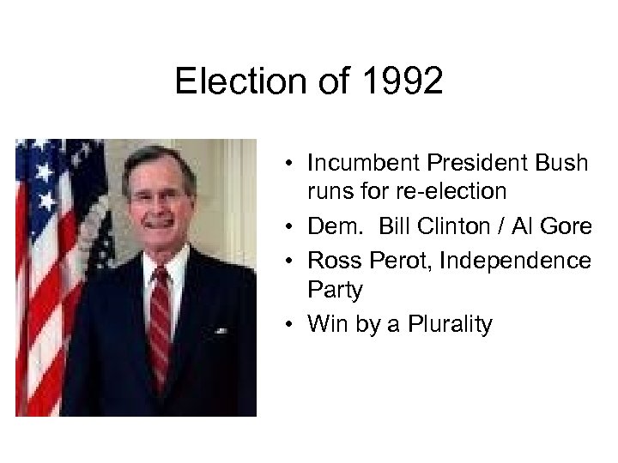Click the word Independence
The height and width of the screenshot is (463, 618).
(515, 259)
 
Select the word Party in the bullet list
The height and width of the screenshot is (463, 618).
(335, 291)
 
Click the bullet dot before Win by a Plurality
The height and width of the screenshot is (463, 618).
(293, 324)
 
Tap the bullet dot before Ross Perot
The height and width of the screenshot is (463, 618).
(293, 259)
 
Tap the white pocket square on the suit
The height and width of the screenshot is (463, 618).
(221, 330)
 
